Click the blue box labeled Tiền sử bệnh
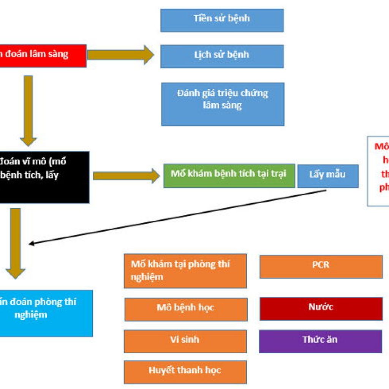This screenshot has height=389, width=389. coord(222,20)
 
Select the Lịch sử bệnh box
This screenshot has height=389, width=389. coord(222,56)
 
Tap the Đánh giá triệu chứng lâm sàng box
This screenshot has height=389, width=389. coord(223,104)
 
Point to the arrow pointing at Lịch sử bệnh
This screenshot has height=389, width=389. coord(120,55)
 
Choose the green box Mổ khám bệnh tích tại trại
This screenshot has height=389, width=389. coord(229,176)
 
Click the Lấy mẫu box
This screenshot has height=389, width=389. coord(327,176)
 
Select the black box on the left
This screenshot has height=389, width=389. coord(44,177)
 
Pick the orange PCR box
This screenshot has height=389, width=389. coord(321,266)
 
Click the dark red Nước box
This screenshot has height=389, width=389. coord(321,308)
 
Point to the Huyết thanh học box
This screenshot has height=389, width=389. coord(185,372)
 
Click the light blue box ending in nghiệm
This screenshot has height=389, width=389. coord(46,313)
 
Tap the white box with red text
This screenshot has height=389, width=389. coord(378,171)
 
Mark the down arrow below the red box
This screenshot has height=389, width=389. coord(28,110)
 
